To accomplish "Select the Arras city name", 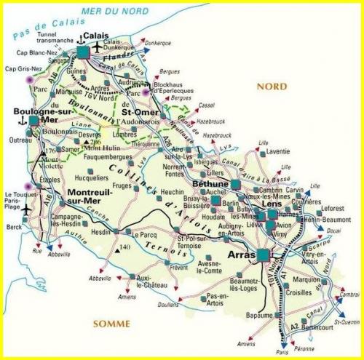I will (x=243, y=255).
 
